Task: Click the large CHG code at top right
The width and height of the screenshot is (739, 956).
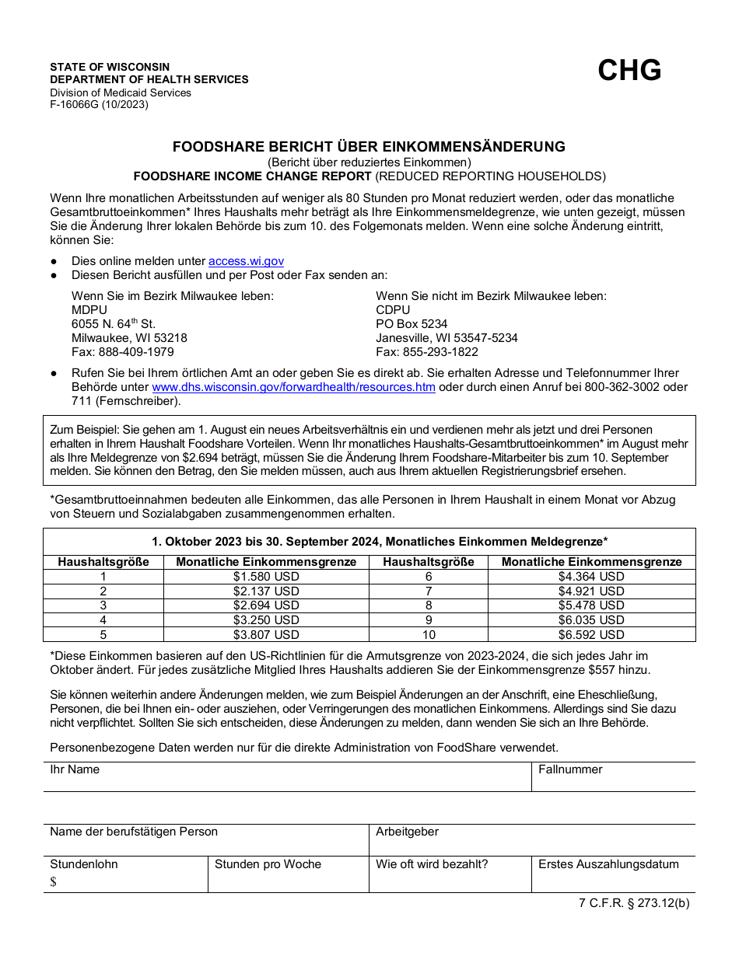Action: [629, 71]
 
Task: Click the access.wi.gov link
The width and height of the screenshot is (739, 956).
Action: [246, 261]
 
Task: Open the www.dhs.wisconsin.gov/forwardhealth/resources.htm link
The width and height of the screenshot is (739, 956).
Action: [293, 387]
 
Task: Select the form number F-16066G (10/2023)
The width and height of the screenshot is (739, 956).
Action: [99, 104]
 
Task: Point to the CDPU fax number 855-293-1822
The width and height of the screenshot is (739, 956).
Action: [427, 351]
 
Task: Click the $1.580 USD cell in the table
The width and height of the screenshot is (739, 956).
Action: [266, 577]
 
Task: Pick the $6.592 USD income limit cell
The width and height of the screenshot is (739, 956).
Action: [591, 634]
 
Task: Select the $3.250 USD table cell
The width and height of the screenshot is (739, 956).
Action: [266, 620]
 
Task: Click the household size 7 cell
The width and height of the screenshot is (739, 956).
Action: [429, 591]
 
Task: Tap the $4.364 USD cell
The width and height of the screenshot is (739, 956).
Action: [591, 577]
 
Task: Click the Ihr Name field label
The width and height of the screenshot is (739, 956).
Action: [75, 769]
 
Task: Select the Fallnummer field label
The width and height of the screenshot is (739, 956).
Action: [570, 769]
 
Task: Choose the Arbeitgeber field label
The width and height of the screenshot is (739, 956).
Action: [407, 832]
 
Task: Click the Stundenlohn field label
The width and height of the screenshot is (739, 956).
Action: [84, 864]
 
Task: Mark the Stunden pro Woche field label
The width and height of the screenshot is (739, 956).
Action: [268, 864]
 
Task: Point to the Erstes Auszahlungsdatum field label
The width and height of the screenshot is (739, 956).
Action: [608, 864]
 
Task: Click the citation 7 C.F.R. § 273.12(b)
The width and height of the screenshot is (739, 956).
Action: [634, 903]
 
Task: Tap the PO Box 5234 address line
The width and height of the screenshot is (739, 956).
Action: [412, 323]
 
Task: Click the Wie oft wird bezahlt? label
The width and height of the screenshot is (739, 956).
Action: [432, 864]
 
